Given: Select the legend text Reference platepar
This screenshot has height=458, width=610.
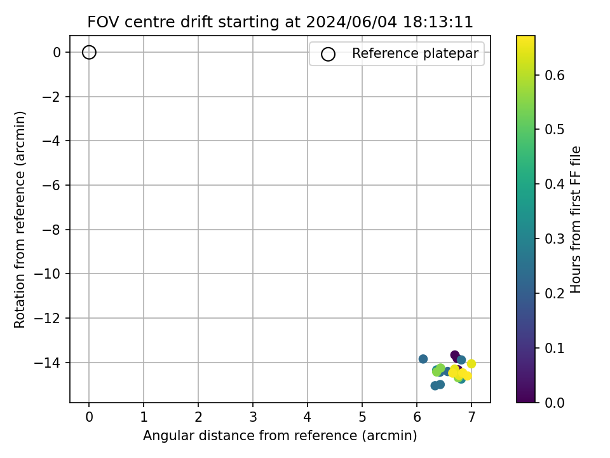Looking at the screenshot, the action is [x=415, y=53].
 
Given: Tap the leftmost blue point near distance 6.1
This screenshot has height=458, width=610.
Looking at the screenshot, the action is [x=423, y=359].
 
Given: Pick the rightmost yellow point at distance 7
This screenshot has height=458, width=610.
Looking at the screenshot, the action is [x=471, y=364].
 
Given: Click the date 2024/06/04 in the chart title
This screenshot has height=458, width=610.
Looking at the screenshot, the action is [x=351, y=22].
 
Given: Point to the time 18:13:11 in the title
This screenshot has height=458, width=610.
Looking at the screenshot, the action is [x=438, y=22].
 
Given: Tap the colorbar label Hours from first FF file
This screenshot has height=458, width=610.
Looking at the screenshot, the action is [x=576, y=219].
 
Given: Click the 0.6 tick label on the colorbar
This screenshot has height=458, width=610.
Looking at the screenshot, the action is [x=554, y=75].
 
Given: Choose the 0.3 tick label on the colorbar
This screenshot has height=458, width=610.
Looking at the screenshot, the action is [x=554, y=239].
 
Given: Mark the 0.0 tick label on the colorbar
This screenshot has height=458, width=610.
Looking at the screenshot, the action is [x=554, y=403].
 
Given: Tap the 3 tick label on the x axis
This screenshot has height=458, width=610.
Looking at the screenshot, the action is [x=253, y=417].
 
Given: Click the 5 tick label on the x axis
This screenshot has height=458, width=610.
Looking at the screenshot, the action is [x=362, y=417].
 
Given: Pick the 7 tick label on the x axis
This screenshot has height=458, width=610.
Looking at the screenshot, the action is [x=471, y=417].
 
